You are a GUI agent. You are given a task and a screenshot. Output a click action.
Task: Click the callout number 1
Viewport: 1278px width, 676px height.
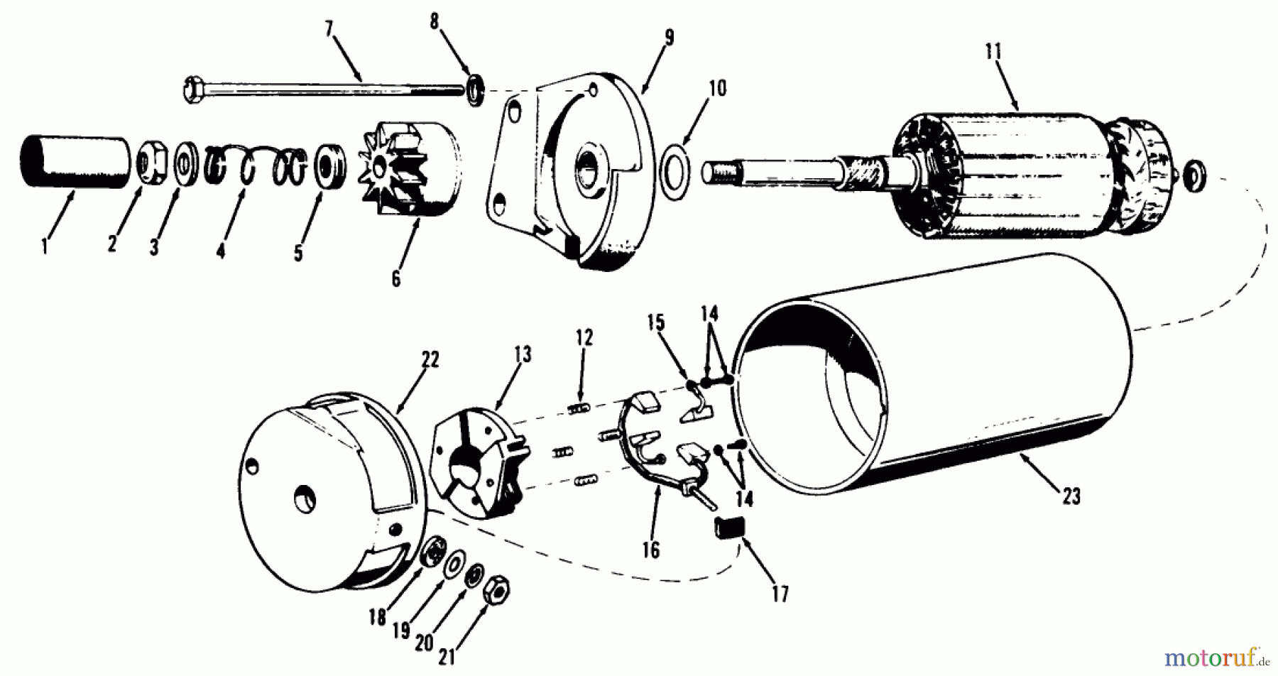(x=45, y=248)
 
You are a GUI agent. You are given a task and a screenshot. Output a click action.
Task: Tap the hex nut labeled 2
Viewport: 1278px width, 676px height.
(x=151, y=165)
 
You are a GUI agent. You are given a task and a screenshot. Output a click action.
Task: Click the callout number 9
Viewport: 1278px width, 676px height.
(x=669, y=38)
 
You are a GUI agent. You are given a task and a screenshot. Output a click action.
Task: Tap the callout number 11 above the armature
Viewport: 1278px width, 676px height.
(x=993, y=52)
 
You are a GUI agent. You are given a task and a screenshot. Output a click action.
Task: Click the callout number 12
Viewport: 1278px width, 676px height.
(x=584, y=337)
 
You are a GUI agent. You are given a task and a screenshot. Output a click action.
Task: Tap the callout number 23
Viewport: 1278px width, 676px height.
(x=1071, y=496)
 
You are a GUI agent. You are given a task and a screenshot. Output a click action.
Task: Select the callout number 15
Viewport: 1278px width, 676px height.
(x=655, y=323)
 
